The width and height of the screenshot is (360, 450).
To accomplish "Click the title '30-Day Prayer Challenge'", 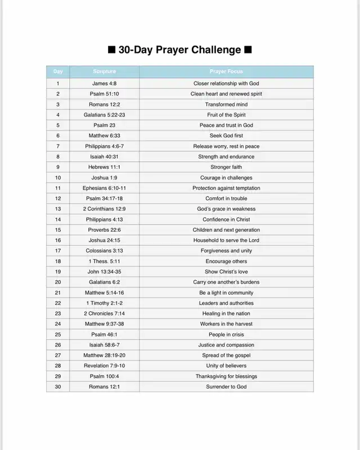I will click(180, 50).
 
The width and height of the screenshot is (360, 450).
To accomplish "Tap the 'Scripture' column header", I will click(104, 71).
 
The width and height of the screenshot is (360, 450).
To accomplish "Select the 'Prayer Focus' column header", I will click(226, 71).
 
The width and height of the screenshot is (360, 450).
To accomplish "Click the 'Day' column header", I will click(58, 71).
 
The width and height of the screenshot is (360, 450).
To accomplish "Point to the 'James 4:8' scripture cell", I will click(104, 83).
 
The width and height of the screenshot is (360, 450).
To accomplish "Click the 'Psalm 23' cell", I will click(104, 125).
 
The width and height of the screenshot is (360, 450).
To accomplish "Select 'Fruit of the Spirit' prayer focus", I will click(226, 115).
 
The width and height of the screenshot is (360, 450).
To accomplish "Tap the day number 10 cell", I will click(58, 178).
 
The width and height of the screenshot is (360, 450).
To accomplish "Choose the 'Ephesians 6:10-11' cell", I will click(104, 188).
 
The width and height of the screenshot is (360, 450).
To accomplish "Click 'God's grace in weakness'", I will click(226, 209).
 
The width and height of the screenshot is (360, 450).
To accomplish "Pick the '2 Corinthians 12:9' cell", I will click(104, 209).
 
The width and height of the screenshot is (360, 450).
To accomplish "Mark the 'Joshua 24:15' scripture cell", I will click(104, 240).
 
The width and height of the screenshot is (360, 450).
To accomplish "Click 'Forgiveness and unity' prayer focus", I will click(226, 251).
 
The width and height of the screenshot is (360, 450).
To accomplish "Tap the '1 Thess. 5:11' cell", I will click(104, 261).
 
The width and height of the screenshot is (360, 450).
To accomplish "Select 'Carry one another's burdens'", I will click(226, 282).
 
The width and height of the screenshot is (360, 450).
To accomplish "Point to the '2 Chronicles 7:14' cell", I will click(104, 313).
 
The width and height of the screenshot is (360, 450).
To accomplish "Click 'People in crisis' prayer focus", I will click(226, 334).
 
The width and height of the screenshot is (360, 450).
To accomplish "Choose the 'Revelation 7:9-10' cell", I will click(104, 366).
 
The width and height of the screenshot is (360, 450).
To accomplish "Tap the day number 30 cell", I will click(58, 386).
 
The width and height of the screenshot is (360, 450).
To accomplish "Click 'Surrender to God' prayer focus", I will click(226, 386).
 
